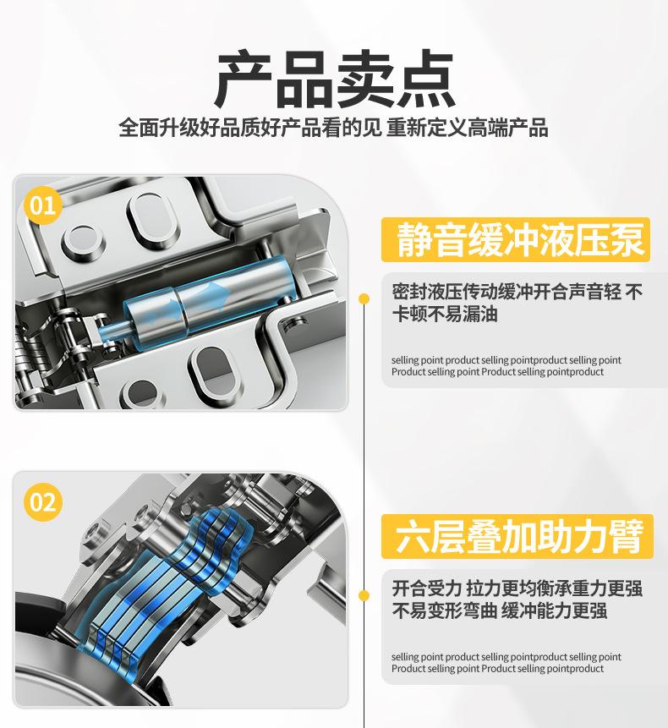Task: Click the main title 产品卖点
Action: pos(335,79)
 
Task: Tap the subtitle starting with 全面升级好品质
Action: pos(333,128)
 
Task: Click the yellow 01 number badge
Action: pos(43,205)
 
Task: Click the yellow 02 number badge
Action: pos(43,502)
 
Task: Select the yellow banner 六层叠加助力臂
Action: pos(517,536)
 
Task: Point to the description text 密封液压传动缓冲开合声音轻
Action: pos(506,292)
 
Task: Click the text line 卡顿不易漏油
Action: pos(445,315)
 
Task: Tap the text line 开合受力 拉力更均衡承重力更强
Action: pos(517,588)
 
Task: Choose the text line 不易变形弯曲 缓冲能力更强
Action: pos(500,610)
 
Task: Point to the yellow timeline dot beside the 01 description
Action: pos(364,298)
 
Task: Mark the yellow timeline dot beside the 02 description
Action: pos(364,595)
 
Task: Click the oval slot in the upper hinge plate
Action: pos(152,219)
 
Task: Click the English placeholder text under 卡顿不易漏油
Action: pos(506,366)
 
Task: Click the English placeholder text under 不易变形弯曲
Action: pos(506,663)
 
